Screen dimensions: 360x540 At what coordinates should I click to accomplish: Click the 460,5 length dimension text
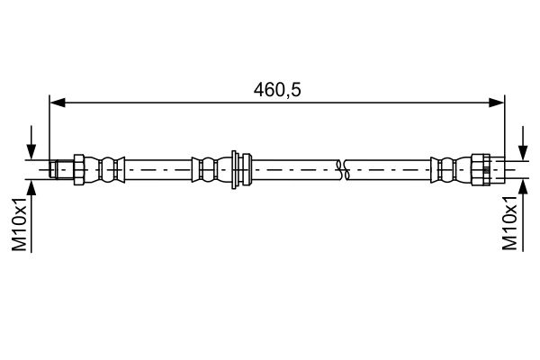(x=276, y=90)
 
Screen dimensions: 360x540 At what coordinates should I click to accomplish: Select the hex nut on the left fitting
(x=78, y=167)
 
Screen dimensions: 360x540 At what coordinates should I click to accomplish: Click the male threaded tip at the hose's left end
(x=61, y=167)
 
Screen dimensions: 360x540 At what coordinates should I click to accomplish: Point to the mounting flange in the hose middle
(x=238, y=167)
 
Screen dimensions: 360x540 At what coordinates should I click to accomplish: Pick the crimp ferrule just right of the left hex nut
(x=110, y=167)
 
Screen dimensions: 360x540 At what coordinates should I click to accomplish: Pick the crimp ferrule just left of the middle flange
(x=205, y=167)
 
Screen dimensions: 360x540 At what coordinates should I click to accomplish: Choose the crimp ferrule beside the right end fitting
(x=445, y=167)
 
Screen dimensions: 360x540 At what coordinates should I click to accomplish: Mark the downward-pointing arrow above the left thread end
(x=33, y=153)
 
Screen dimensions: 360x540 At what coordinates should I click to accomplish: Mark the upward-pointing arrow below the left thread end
(x=33, y=184)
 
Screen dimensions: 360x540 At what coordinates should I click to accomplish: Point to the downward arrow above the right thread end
(x=522, y=153)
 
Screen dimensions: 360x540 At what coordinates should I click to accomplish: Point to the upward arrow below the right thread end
(x=522, y=184)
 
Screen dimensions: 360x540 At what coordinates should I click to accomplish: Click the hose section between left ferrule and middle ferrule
(x=157, y=167)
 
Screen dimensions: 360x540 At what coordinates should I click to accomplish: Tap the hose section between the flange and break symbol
(x=292, y=167)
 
